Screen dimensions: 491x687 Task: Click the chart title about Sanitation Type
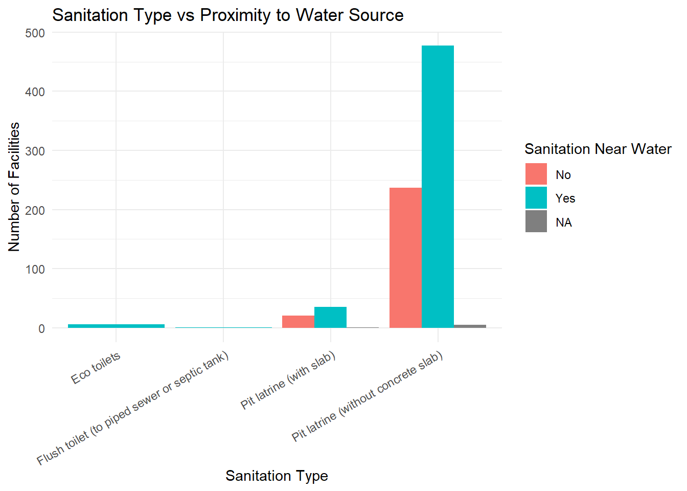227,15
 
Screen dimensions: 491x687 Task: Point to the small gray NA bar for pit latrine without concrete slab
470,326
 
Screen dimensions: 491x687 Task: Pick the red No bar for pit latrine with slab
298,322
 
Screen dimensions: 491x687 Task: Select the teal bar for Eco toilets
116,326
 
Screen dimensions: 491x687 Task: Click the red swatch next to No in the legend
536,174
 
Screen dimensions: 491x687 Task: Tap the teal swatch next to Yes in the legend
536,198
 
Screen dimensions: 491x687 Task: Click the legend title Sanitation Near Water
598,149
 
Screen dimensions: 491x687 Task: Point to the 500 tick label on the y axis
35,33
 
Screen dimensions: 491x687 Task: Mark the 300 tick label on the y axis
35,151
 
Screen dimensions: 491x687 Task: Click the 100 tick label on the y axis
35,270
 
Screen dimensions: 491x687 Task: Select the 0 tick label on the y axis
41,329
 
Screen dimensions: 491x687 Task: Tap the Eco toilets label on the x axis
96,368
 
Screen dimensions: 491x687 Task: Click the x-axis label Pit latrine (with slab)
288,380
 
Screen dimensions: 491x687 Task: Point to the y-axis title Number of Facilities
14,187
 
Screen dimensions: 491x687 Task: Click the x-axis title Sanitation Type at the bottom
277,476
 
